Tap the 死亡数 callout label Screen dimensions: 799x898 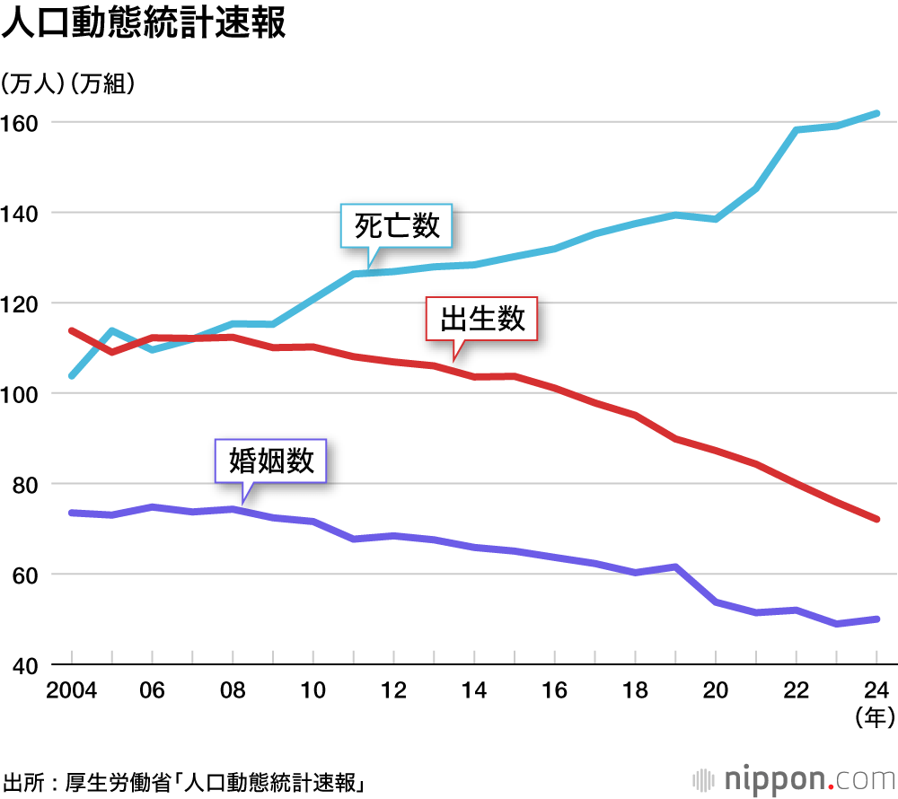tap(397, 225)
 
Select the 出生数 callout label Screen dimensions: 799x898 tap(482, 318)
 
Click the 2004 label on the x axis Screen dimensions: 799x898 tap(71, 690)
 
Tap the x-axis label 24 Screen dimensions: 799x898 tap(876, 690)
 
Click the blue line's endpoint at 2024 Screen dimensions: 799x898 tap(876, 114)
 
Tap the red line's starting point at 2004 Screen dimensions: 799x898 tap(71, 330)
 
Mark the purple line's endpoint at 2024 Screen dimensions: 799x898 tap(876, 619)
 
